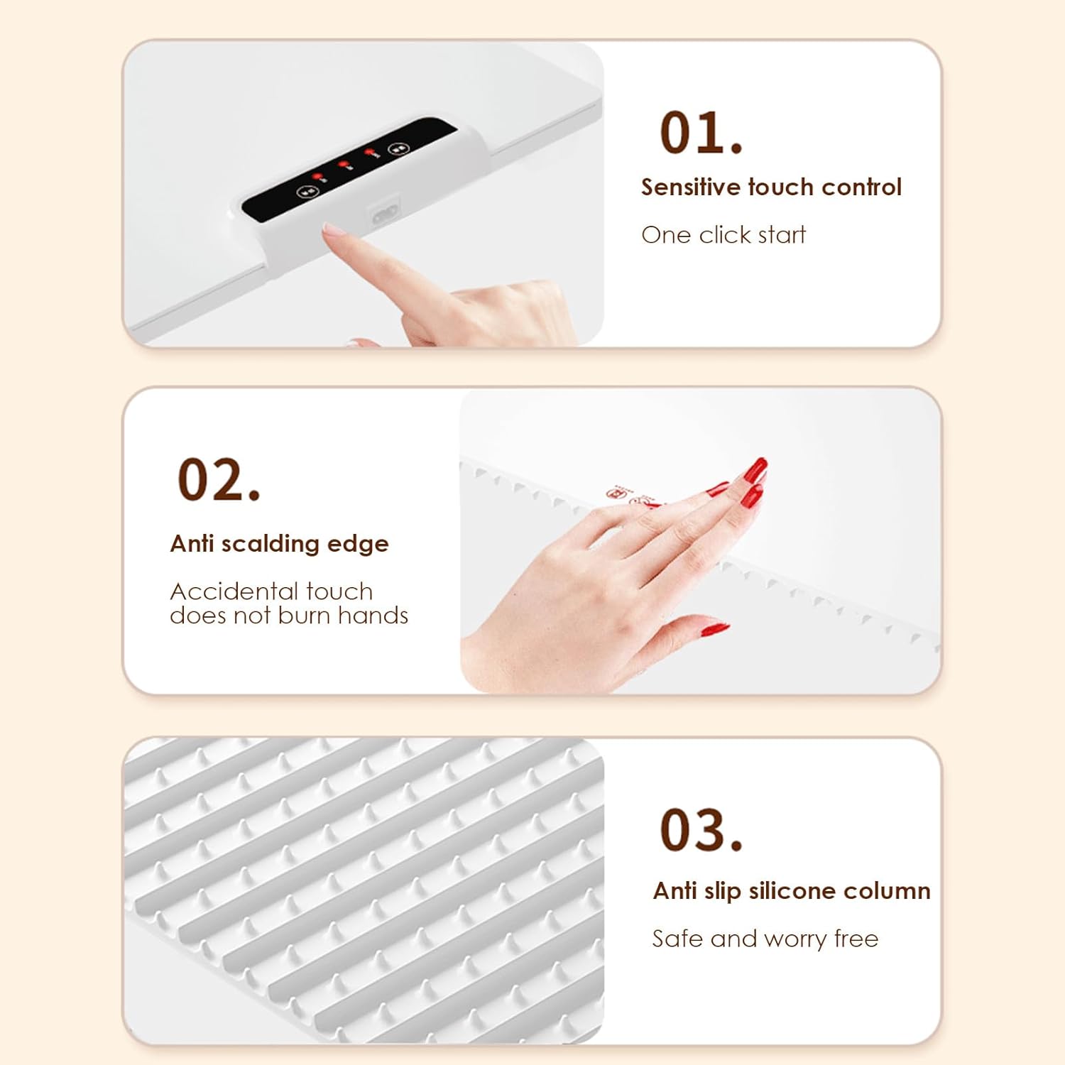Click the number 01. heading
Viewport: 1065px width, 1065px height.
[x=701, y=133]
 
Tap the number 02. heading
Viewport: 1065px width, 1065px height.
[x=218, y=480]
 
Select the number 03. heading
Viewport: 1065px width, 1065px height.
[x=701, y=830]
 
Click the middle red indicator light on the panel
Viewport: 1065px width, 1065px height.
[x=344, y=165]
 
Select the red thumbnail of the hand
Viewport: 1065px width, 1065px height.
[x=714, y=628]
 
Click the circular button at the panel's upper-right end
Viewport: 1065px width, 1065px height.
[x=398, y=148]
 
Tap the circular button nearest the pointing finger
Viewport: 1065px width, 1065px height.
[x=307, y=192]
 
